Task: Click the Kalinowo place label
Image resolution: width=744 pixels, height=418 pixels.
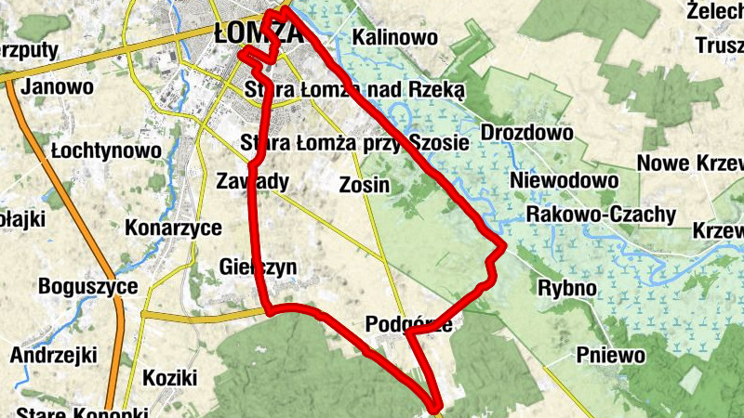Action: (x=395, y=38)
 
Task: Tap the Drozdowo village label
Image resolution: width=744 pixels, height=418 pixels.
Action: (x=527, y=133)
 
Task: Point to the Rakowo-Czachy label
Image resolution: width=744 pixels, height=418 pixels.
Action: (x=601, y=215)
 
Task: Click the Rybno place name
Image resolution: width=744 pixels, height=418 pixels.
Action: (x=567, y=288)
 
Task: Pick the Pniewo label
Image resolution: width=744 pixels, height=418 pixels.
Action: (x=611, y=354)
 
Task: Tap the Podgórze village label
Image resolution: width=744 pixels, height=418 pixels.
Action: (x=410, y=324)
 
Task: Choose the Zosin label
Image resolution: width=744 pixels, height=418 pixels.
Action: (x=365, y=185)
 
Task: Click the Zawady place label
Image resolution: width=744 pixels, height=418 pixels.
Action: (x=252, y=180)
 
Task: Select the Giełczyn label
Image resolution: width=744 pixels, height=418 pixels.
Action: (x=259, y=268)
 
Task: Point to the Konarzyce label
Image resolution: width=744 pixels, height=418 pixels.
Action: (x=173, y=229)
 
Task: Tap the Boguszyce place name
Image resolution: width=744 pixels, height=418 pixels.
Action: (x=88, y=287)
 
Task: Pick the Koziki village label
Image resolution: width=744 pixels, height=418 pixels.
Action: (x=170, y=378)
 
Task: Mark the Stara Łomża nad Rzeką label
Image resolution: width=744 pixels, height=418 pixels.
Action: (x=354, y=89)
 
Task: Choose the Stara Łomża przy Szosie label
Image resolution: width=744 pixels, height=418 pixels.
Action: (x=354, y=143)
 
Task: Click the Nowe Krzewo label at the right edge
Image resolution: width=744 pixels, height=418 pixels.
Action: (x=690, y=163)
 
